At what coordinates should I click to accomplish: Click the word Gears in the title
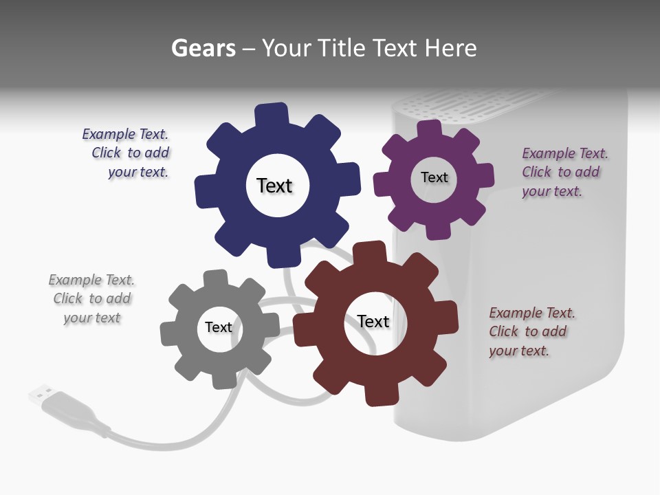pos(203,48)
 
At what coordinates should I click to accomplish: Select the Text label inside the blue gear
pos(274,186)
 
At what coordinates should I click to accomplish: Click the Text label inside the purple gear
pos(434,177)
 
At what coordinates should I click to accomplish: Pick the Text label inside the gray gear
pos(219,327)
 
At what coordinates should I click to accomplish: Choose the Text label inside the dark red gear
pos(373,321)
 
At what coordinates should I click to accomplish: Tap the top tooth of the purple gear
pos(429,129)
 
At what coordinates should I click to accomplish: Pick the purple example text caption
pos(564,173)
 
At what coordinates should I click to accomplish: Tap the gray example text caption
pos(92,299)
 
